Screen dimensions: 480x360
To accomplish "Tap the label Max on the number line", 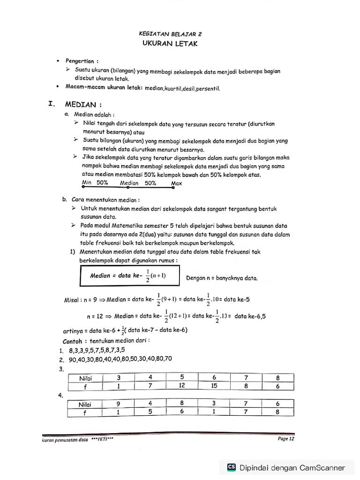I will pos(177,183).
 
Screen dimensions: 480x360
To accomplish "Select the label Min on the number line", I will pos(87,183).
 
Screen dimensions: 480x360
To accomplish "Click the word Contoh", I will pos(72,341).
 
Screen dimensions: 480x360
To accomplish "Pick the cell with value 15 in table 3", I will pos(214,386).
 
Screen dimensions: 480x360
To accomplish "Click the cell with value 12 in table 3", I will pos(182,386).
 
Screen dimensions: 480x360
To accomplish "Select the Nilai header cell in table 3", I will pos(85,377).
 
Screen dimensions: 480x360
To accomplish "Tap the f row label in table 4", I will pos(85,413).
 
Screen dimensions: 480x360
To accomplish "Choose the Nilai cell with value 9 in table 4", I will pos(119,404).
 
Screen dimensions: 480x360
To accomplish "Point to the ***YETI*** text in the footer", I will pos(102,440).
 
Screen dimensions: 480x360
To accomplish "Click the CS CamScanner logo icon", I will pos(231,467).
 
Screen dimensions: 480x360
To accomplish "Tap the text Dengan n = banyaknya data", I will pos(222,278).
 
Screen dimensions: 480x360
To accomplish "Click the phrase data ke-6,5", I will pos(250,316).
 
